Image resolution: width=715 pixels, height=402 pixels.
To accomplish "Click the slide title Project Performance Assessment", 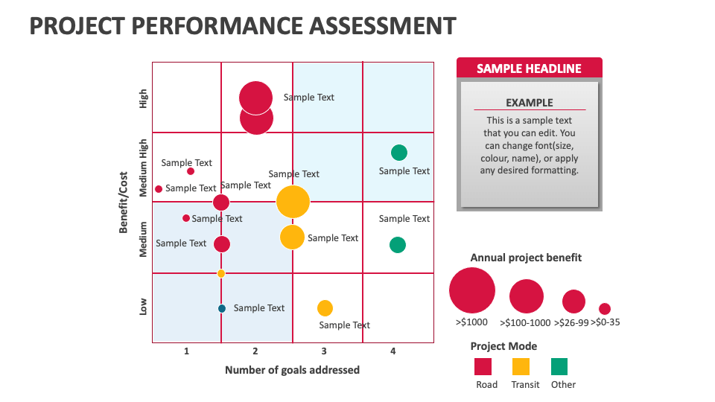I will coord(242,26).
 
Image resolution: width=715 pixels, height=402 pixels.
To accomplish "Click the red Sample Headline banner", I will coord(529,68).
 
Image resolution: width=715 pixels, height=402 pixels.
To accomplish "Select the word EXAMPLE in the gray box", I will coord(529,103).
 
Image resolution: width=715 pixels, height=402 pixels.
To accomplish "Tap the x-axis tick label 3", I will coord(324,351).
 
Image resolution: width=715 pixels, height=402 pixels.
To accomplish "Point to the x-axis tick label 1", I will coord(186,351).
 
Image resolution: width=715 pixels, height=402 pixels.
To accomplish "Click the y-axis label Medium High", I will coord(144,167).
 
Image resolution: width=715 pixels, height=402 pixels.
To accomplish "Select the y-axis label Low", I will coord(144,307).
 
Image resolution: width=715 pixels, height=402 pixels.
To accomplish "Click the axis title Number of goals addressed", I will coord(292,370).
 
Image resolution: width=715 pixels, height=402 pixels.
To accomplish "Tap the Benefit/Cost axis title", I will coord(123,202).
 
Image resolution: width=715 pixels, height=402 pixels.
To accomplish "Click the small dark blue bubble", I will coord(221,308).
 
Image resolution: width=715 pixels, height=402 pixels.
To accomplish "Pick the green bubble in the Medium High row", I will coord(399,153).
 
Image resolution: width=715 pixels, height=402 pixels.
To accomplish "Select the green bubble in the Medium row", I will coord(398,245).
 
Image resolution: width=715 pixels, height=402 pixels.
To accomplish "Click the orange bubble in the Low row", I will coord(325,308).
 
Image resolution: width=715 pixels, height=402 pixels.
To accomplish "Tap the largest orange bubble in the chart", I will coord(293,202).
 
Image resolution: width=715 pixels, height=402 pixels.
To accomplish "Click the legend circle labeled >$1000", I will coord(471,290).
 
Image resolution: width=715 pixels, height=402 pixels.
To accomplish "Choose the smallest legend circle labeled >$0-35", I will coord(605,308).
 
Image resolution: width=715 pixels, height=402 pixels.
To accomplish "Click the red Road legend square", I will coord(483,366).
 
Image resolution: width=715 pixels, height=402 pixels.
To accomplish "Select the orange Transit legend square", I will coord(521,366).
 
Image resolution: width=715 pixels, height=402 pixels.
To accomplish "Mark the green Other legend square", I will coord(559,366).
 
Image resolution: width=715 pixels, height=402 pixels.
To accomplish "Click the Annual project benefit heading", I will coord(526,258).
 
